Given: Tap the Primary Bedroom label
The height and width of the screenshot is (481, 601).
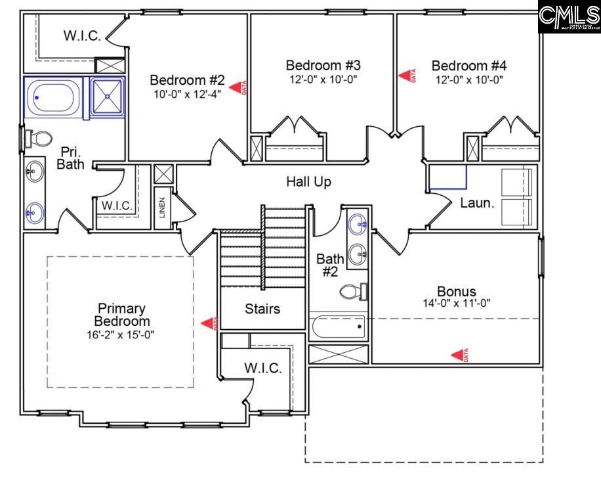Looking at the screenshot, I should [121, 315].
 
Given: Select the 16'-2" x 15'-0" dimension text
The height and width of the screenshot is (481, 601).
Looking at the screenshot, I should [121, 334].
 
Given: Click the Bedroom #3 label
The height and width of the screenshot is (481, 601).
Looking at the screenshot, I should [323, 66].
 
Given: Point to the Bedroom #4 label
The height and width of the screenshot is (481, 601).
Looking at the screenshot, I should [468, 66].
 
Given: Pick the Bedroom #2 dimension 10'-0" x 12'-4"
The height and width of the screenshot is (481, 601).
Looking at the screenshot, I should [187, 93].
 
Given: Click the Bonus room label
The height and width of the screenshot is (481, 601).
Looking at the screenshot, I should [457, 291].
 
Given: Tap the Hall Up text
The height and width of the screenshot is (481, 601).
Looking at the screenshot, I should [308, 181].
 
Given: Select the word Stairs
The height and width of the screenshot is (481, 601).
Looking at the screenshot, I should [262, 309].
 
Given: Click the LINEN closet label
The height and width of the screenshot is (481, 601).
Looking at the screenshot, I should [163, 208].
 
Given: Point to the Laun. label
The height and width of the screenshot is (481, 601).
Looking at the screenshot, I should [477, 203].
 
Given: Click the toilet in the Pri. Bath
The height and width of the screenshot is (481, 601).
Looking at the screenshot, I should [41, 139].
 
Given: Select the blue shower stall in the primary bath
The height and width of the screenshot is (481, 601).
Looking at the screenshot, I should [106, 97].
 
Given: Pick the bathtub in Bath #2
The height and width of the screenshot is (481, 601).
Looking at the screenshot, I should [337, 326].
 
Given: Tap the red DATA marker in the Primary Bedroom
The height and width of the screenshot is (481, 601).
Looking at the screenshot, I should [211, 323].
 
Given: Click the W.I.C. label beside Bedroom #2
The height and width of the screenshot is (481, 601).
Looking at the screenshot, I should [82, 36].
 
